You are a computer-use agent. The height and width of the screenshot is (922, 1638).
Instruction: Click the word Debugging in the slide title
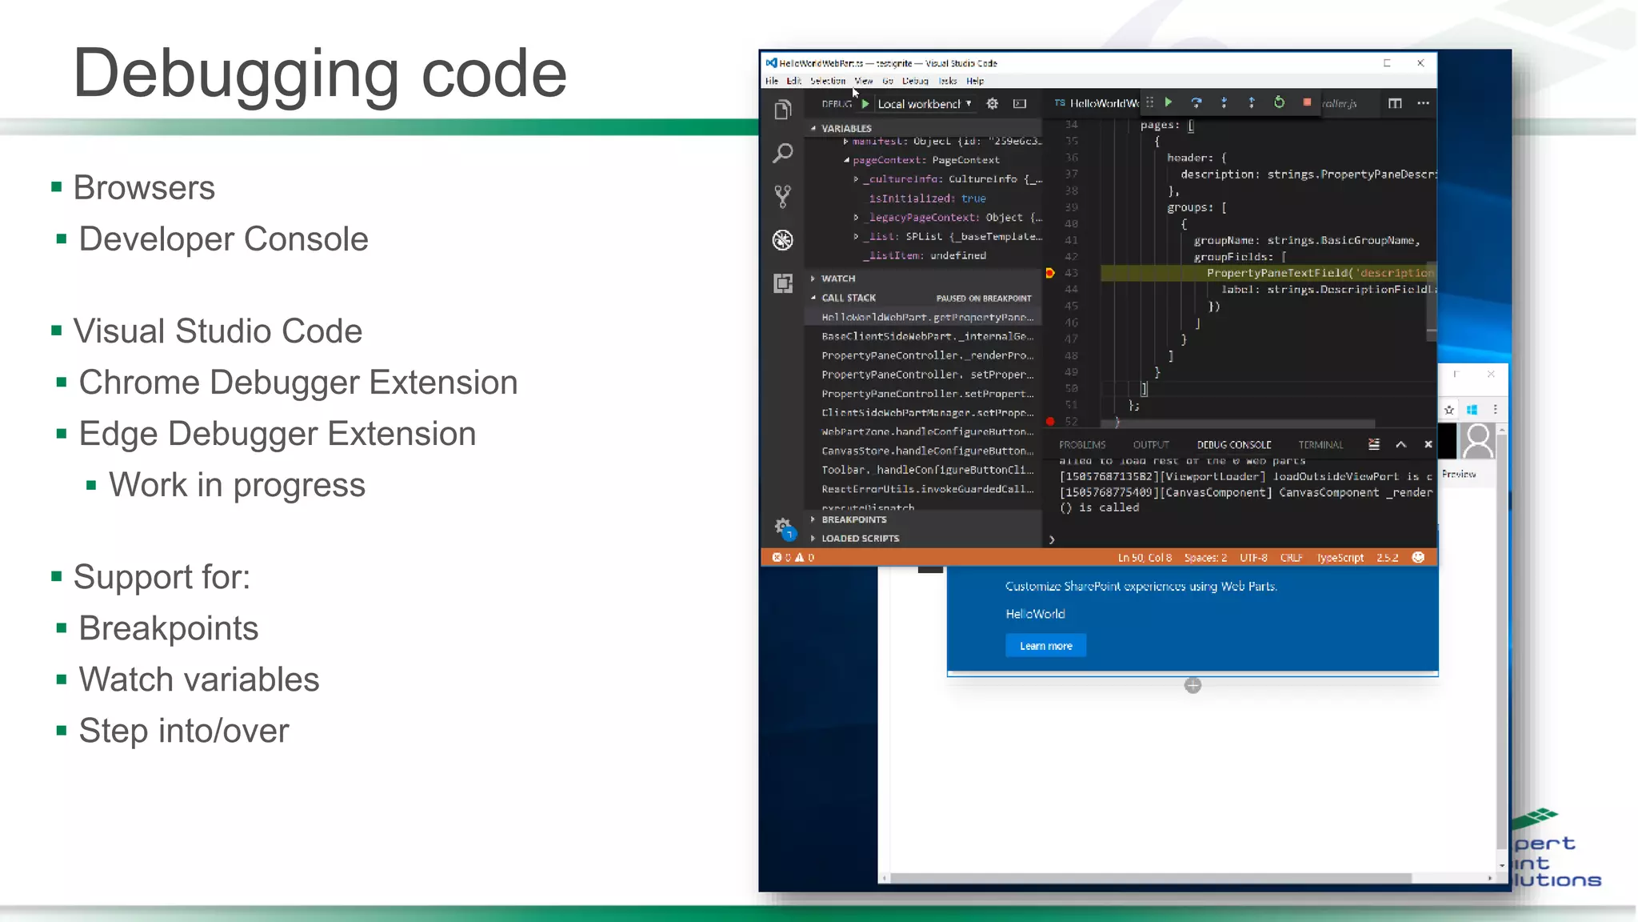[236, 74]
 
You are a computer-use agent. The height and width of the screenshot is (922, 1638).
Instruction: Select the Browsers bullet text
[144, 188]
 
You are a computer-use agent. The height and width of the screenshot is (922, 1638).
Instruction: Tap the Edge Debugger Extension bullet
[277, 434]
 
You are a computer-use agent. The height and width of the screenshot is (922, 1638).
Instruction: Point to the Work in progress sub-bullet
[237, 485]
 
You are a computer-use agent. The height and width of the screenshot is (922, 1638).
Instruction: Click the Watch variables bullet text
[198, 679]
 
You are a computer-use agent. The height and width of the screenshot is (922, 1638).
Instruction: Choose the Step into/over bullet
[183, 731]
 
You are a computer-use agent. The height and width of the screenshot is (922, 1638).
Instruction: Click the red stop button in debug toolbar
[1307, 102]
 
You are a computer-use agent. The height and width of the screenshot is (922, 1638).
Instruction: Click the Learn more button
[1045, 646]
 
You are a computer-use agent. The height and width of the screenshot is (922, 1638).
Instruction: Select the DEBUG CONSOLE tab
[1233, 445]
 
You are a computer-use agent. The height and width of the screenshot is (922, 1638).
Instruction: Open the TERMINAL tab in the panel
[1320, 445]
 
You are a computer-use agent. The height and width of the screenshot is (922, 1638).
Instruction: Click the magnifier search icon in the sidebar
[783, 152]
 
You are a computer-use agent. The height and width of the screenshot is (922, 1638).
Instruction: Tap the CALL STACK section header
[849, 298]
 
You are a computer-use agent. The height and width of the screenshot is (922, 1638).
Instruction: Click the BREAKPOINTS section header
[853, 519]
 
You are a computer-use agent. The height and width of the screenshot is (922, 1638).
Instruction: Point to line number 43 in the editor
[1071, 273]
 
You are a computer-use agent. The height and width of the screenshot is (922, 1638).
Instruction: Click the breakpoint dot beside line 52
[1050, 421]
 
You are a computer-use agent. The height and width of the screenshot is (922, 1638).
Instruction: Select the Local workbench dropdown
[924, 104]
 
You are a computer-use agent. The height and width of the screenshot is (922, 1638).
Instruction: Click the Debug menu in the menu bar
[915, 81]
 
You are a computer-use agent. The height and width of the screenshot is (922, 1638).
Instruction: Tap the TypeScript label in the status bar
[1340, 558]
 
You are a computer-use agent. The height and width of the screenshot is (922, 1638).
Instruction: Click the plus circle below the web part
[1193, 685]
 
